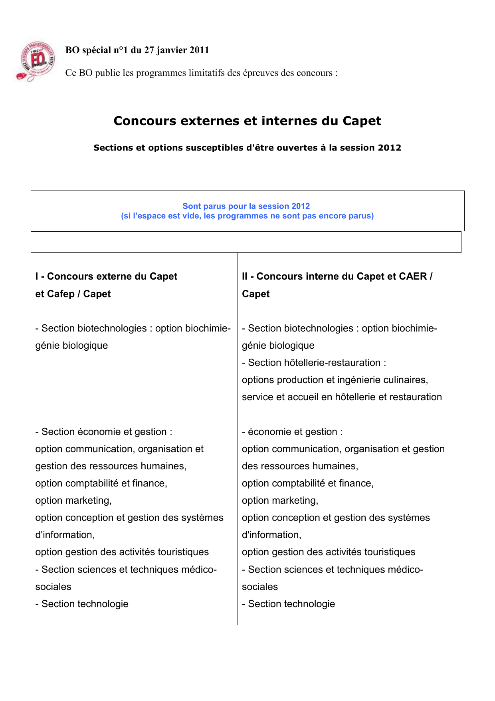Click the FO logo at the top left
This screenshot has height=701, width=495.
click(x=37, y=61)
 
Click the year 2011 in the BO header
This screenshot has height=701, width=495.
click(x=199, y=50)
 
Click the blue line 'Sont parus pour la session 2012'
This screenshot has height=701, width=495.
click(x=246, y=206)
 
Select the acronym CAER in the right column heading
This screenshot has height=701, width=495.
click(x=411, y=276)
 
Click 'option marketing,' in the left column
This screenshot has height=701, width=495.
click(x=73, y=500)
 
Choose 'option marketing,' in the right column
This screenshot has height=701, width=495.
click(x=280, y=500)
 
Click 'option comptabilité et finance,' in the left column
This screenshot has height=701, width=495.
click(x=101, y=483)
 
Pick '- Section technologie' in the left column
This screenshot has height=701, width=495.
click(x=82, y=604)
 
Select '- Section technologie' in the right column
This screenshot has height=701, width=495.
click(x=288, y=604)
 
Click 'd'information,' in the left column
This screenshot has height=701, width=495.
click(x=65, y=535)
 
